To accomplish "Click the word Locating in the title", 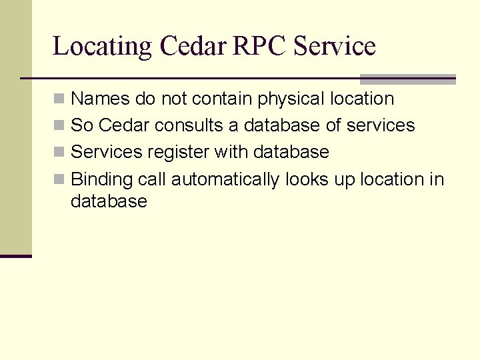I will click(103, 47).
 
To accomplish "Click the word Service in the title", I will click(335, 47).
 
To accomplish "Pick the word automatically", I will click(225, 179).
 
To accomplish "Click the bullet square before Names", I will click(59, 99).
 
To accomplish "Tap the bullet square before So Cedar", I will click(59, 125).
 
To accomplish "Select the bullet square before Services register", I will click(59, 152).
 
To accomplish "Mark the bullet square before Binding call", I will click(59, 179).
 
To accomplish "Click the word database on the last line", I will click(109, 201).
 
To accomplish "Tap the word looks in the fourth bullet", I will click(304, 179).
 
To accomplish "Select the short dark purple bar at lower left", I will click(16, 256).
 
